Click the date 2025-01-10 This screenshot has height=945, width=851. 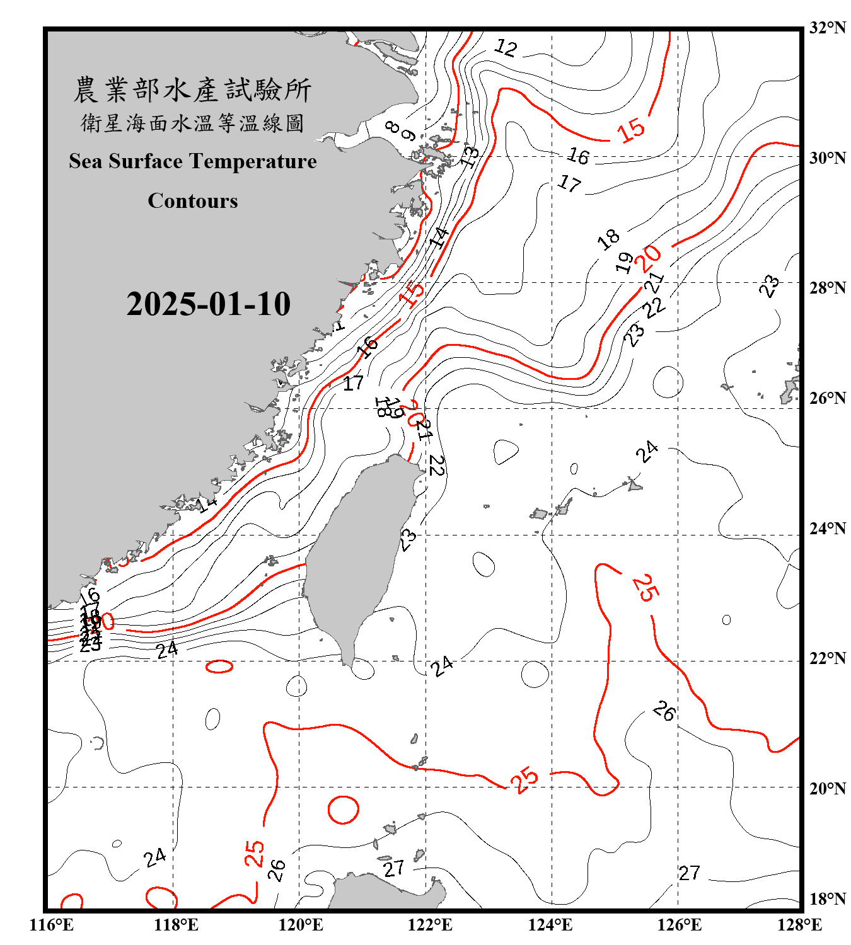[x=208, y=304]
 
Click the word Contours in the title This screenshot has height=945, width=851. [x=193, y=200]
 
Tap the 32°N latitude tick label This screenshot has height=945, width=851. [x=827, y=28]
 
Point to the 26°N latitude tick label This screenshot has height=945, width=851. [x=827, y=398]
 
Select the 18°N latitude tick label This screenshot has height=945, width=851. [x=827, y=899]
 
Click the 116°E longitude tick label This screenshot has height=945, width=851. [x=51, y=925]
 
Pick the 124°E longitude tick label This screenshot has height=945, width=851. [x=550, y=925]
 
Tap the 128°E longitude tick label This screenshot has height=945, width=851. [x=799, y=925]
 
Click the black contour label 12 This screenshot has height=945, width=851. [x=506, y=47]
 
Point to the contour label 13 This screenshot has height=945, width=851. [x=470, y=155]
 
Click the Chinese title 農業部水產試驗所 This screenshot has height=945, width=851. [x=192, y=89]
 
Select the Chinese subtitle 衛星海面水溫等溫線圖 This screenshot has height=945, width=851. [x=192, y=123]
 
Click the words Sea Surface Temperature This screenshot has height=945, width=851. [x=193, y=161]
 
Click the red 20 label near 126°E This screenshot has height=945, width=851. [x=649, y=256]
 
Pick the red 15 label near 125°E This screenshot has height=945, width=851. [x=631, y=130]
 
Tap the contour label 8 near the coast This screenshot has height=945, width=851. [x=393, y=128]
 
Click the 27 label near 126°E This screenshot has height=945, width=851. [x=689, y=873]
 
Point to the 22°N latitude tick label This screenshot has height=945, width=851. [x=827, y=658]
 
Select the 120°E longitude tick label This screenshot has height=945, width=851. [x=301, y=925]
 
